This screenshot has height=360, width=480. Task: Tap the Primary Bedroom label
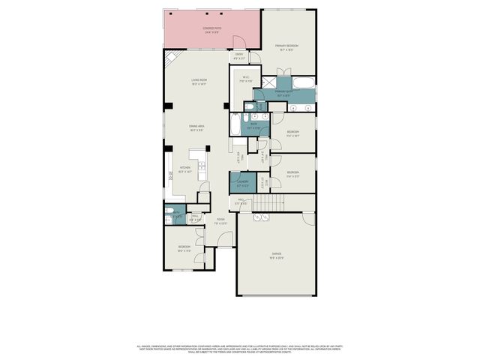tap(287, 46)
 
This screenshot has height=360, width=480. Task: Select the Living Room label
tap(199, 81)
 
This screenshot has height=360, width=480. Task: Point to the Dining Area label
tap(197, 127)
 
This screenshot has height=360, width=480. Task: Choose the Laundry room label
tap(242, 182)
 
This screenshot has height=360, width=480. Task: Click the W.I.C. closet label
tap(244, 77)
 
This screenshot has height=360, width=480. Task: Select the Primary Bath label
tap(284, 94)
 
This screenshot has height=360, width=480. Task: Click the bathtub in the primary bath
tap(304, 82)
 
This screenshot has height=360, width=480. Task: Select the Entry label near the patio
tap(240, 55)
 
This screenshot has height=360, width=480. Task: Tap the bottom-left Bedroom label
tap(184, 248)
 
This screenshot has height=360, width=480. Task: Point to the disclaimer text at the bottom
tap(240, 349)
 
